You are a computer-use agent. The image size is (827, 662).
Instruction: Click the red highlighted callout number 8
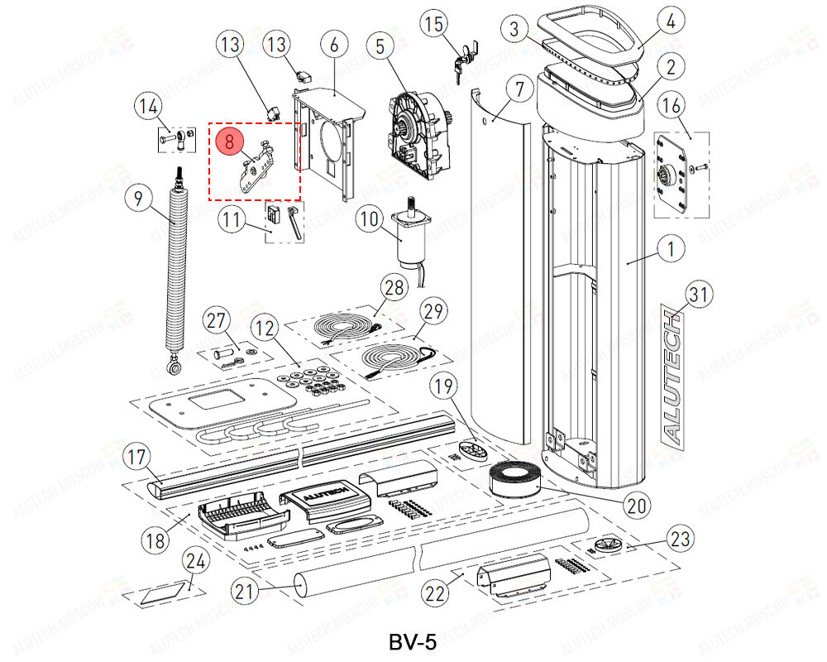click(229, 141)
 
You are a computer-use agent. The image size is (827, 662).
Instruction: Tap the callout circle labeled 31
click(700, 294)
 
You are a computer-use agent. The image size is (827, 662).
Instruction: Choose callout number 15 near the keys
click(434, 26)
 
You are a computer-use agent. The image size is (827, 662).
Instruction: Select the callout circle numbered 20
click(638, 504)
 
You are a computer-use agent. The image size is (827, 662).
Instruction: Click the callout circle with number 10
click(370, 220)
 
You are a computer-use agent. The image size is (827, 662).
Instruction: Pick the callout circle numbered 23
click(679, 540)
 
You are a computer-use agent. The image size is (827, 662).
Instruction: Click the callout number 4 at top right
click(671, 22)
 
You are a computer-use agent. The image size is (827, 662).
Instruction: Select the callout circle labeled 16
click(672, 106)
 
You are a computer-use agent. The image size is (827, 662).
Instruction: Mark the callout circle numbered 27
click(217, 321)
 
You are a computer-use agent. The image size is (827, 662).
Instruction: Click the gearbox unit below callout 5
click(418, 132)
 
